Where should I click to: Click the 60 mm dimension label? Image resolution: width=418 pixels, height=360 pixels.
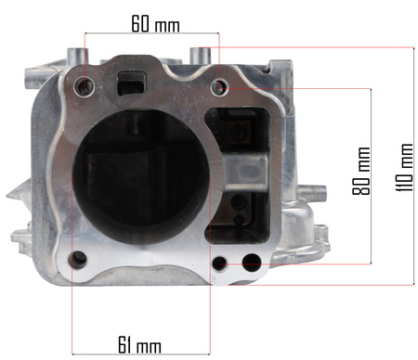click(x=155, y=23)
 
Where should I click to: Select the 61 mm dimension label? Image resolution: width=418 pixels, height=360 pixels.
click(x=139, y=344)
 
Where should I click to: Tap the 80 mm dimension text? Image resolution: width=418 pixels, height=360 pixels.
click(x=361, y=171)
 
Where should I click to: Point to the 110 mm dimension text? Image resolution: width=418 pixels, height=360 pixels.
click(x=405, y=167)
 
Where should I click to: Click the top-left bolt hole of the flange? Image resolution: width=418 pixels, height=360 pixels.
click(x=85, y=85)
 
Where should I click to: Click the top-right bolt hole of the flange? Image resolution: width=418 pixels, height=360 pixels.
click(x=220, y=86)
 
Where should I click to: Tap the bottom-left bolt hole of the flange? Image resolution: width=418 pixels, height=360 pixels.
click(x=79, y=259)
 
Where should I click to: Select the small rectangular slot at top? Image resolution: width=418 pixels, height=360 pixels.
click(x=131, y=84)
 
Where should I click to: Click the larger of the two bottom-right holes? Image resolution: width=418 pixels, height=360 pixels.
click(x=252, y=263)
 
